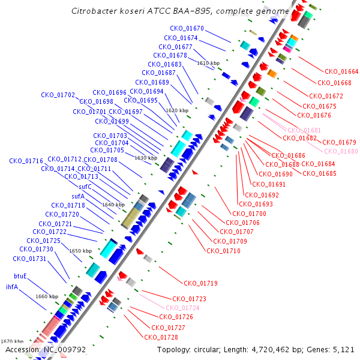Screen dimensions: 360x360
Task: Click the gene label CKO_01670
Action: [x=187, y=28]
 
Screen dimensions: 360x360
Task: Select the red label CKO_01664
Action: [x=341, y=72]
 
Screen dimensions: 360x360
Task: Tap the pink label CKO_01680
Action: [x=341, y=151]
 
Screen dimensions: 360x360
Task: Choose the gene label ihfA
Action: [x=12, y=287]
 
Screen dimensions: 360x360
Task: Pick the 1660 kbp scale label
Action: [x=46, y=296]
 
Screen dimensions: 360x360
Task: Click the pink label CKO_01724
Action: [x=183, y=308]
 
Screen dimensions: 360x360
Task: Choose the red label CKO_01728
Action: [x=161, y=337]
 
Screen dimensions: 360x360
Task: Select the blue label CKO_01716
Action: [x=26, y=161]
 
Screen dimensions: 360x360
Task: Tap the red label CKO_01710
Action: [x=223, y=251]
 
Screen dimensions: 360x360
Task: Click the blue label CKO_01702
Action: [x=58, y=95]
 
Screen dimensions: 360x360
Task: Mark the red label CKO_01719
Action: [x=200, y=283]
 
